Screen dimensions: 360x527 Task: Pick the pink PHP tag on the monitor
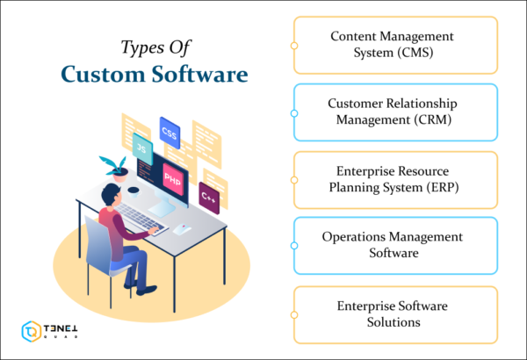173,177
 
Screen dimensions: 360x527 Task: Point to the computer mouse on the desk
182,229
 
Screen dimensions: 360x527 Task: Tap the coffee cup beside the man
133,190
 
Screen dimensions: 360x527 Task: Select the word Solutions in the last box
393,322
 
